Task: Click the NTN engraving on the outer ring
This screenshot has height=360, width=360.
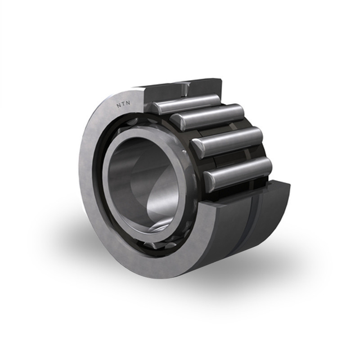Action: (123, 104)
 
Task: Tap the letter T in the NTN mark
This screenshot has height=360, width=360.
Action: (123, 104)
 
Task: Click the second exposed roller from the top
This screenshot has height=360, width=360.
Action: (208, 117)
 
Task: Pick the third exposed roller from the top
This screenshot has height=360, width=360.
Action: (227, 141)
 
